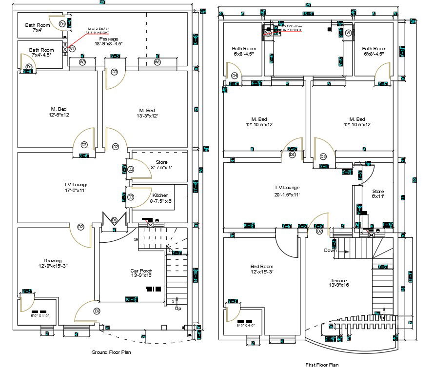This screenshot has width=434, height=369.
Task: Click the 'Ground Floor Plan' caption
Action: click(111, 352)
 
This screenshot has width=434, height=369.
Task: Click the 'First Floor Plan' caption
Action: click(321, 365)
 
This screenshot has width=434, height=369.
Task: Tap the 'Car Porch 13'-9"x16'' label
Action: click(141, 273)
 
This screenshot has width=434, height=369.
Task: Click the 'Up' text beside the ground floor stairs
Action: click(178, 309)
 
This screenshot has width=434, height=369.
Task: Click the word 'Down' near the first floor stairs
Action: click(330, 251)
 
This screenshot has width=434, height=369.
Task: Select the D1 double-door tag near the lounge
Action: click(114, 220)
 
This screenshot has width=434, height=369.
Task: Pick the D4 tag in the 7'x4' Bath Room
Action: click(62, 24)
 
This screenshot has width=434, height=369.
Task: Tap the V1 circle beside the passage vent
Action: click(72, 49)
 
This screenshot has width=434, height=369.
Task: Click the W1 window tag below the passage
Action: click(158, 62)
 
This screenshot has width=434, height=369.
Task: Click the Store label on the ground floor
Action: click(161, 164)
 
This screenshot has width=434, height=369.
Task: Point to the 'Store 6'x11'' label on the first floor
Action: click(378, 194)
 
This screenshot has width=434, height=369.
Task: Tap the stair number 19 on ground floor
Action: click(136, 239)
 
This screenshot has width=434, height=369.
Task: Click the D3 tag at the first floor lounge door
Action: click(323, 156)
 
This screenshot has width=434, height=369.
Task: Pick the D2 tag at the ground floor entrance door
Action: click(97, 311)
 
